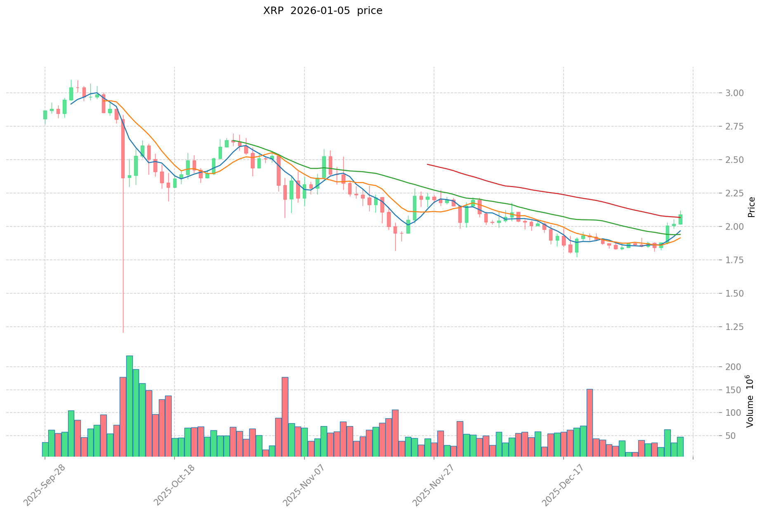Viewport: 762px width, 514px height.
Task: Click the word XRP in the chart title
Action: (x=273, y=11)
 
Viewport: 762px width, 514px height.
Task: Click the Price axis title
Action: (x=751, y=207)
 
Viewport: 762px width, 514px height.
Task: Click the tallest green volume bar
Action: (x=130, y=406)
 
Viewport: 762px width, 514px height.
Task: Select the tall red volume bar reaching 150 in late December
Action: (x=590, y=422)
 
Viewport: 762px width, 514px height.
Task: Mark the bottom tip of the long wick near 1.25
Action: (x=123, y=332)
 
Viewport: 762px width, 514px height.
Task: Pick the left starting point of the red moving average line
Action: (x=427, y=164)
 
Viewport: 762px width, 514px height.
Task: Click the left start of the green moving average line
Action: (x=234, y=141)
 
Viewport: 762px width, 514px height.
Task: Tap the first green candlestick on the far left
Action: (x=45, y=115)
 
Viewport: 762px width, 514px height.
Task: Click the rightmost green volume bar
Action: (x=680, y=446)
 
